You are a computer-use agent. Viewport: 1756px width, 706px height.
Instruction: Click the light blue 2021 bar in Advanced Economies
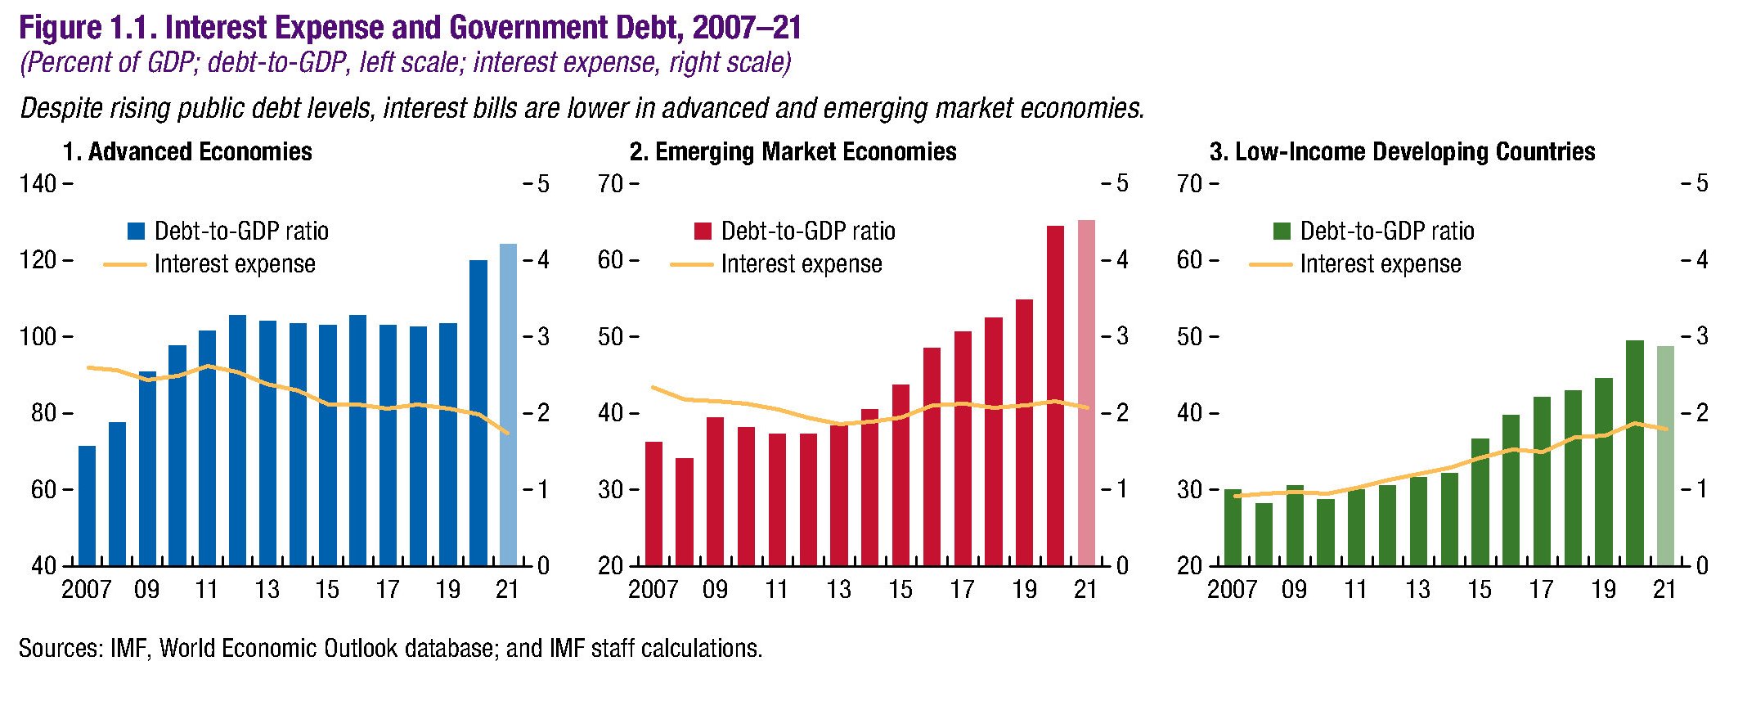pos(508,405)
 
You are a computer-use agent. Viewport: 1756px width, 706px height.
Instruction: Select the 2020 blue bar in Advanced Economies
pos(478,413)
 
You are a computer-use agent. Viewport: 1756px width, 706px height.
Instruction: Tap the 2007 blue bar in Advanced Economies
pos(87,506)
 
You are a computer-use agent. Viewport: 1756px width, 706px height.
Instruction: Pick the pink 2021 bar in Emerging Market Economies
pos(1086,393)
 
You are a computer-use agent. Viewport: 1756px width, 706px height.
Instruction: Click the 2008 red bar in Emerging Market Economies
pos(685,512)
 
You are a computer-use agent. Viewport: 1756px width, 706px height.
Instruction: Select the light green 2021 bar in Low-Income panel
pos(1665,456)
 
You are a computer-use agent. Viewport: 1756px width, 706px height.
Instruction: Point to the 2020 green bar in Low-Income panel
pos(1635,452)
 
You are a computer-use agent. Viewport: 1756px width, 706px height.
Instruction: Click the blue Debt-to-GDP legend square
pos(136,232)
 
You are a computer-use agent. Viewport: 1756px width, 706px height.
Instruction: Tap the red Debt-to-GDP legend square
pos(703,232)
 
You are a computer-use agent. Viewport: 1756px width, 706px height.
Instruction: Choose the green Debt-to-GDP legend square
pos(1282,232)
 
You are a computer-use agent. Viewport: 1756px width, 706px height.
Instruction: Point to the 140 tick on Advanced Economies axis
pos(38,184)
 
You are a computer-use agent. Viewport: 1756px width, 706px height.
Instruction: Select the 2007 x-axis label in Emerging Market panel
pos(653,590)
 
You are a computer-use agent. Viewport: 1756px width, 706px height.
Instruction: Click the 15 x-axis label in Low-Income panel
pos(1480,590)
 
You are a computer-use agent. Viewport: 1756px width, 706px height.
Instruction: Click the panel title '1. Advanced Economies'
pos(187,152)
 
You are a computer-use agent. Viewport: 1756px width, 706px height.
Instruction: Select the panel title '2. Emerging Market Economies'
pos(793,152)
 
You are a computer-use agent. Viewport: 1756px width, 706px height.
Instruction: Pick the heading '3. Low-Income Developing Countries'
pos(1402,152)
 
